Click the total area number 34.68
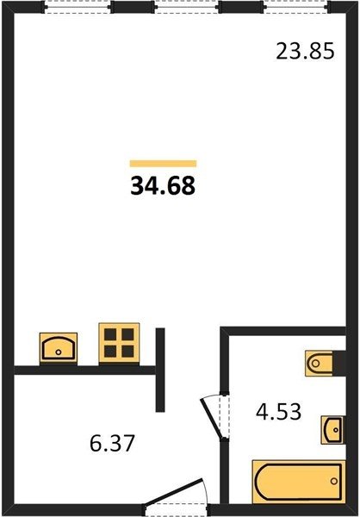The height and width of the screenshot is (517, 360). click(163, 185)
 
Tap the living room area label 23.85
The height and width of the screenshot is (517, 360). click(305, 52)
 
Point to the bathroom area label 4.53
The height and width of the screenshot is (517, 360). click(278, 412)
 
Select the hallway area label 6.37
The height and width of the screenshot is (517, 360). click(112, 443)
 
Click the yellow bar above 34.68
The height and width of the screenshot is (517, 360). click(163, 164)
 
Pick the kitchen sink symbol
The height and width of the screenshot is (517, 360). click(59, 348)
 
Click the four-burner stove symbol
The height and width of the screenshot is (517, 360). click(119, 343)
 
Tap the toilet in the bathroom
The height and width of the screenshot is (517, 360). click(319, 364)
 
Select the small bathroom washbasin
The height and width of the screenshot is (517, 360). click(333, 430)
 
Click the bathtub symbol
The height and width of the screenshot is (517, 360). click(299, 482)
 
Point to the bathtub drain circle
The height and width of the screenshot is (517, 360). click(334, 481)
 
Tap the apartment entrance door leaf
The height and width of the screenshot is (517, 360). click(174, 492)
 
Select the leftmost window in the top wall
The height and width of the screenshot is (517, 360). click(78, 7)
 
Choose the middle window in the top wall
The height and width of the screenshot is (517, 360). click(186, 7)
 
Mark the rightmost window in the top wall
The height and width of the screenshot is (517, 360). click(296, 7)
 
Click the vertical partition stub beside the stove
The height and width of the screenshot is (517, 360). click(160, 370)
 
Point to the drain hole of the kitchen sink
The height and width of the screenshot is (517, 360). click(59, 352)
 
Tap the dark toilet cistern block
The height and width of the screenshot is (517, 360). click(339, 364)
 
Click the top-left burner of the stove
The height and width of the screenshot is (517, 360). click(110, 334)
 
